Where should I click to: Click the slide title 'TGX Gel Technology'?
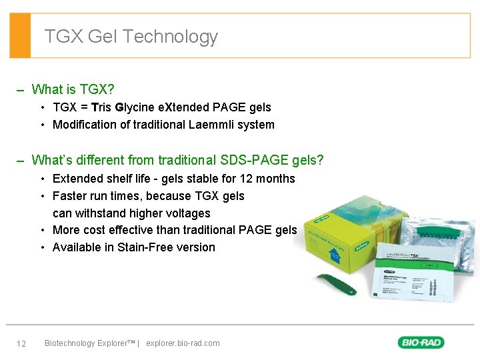pos(131,36)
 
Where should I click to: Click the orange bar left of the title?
pos(20,35)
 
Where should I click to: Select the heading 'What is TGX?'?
pos(73,89)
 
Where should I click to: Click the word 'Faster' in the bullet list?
pos(69,196)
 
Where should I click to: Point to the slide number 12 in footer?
pos(21,343)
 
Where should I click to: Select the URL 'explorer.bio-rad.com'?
pos(183,343)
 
